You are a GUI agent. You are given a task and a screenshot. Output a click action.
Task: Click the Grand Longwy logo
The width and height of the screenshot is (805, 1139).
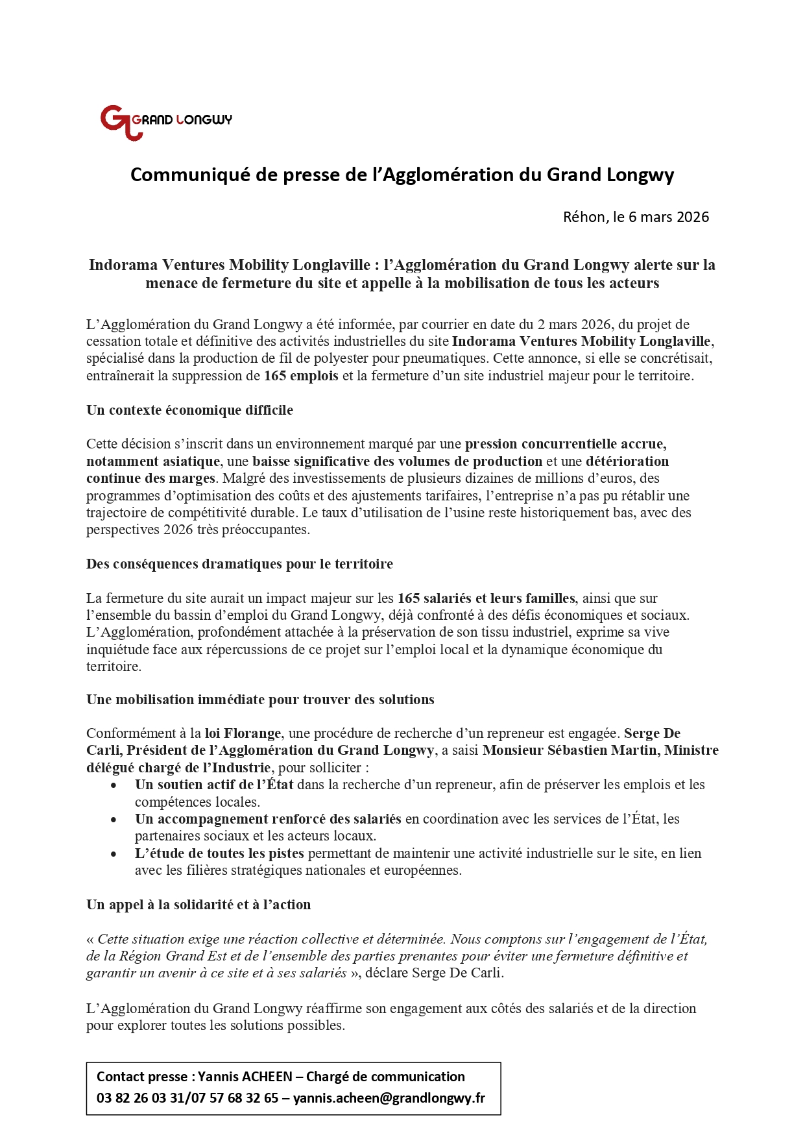tap(165, 121)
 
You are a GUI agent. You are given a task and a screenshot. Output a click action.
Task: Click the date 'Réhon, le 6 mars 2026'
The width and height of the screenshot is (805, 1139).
tap(636, 217)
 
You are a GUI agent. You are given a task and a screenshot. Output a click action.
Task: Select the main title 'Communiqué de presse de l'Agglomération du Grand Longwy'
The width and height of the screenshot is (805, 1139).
tap(402, 175)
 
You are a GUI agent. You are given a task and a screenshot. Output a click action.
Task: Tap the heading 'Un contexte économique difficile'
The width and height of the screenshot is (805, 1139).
tap(189, 410)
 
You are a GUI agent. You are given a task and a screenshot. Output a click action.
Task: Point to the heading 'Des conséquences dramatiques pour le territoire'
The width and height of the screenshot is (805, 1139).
tap(239, 564)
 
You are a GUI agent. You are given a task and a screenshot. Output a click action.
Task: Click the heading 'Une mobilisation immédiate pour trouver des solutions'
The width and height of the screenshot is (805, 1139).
tap(260, 700)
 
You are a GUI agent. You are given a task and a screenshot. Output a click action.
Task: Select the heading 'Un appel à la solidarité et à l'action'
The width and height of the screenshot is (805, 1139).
tap(198, 905)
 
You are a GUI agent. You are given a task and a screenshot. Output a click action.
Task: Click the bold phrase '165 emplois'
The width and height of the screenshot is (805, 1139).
tap(301, 376)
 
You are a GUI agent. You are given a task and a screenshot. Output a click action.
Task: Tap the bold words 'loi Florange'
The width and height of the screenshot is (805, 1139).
tap(243, 733)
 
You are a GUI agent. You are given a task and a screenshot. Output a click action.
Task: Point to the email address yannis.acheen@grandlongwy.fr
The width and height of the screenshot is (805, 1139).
tap(389, 1098)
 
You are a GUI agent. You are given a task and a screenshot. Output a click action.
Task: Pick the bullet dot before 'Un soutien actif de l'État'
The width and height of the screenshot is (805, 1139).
tap(114, 785)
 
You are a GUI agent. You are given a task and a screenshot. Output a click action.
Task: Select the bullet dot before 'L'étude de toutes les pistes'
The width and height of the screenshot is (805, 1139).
tap(114, 854)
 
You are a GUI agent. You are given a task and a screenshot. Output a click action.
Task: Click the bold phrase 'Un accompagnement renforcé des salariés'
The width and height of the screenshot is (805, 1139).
tap(268, 819)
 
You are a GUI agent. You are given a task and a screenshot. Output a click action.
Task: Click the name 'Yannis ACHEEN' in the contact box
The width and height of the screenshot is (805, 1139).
tap(245, 1077)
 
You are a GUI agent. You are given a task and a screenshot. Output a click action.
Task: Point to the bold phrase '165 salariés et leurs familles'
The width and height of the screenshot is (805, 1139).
tap(486, 598)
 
